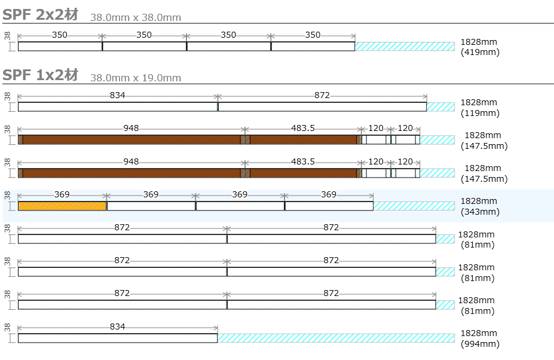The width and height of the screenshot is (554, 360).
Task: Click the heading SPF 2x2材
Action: click(x=40, y=15)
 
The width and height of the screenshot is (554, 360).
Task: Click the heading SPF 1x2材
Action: click(x=40, y=75)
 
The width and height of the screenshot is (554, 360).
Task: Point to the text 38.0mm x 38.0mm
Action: click(x=136, y=17)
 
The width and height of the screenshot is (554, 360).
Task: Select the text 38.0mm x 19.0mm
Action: click(x=136, y=78)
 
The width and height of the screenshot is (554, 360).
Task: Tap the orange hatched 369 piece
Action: click(x=62, y=206)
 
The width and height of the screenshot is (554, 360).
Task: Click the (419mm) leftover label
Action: click(x=480, y=53)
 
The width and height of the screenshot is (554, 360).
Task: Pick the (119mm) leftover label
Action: click(x=480, y=113)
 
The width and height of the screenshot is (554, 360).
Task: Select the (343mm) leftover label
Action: click(x=480, y=212)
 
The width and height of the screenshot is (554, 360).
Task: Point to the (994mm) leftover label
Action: click(x=480, y=344)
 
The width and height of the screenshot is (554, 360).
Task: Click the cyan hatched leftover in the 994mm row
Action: click(x=336, y=338)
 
